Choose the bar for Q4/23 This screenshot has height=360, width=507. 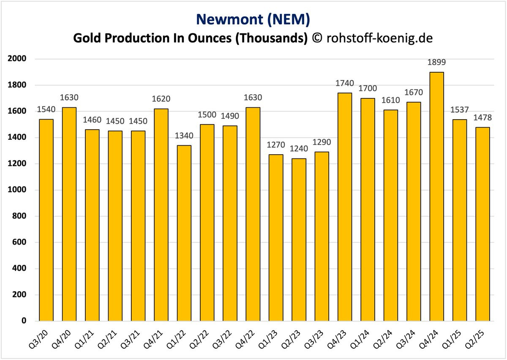[345, 207]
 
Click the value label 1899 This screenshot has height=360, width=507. [436, 63]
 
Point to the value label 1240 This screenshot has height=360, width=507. [299, 149]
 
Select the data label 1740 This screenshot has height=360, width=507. [345, 84]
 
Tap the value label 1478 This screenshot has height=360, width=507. [482, 118]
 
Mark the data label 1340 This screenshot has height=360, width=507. [184, 136]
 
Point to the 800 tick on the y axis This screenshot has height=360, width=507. [19, 216]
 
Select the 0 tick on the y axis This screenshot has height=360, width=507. [24, 321]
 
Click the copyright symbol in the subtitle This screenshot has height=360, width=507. [316, 38]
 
